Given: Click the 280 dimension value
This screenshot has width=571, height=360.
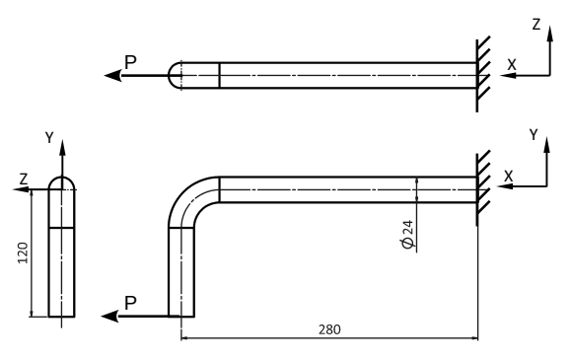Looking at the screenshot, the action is (329, 329).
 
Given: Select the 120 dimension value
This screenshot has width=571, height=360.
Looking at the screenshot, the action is (23, 252).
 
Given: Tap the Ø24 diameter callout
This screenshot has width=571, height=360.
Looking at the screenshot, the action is (407, 234).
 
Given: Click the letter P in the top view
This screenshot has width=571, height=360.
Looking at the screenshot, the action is (130, 62).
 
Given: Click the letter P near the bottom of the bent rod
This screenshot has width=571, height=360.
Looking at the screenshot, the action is (130, 303).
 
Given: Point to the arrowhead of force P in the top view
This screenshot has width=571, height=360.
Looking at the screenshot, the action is (112, 76).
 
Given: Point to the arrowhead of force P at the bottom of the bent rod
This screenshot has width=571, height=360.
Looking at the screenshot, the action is (109, 317).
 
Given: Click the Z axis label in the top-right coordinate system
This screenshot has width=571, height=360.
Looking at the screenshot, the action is (536, 25).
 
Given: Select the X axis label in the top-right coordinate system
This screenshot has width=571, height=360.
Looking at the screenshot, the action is (512, 65).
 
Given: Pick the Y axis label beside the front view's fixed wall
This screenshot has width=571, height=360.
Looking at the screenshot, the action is (534, 135).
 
